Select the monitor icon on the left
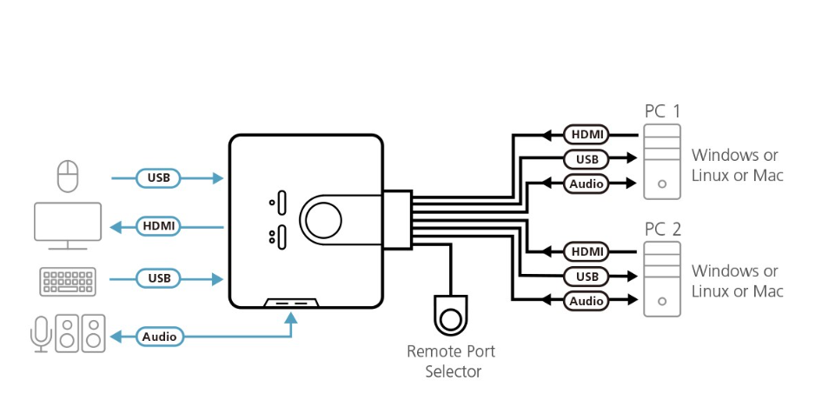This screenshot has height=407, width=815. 68,225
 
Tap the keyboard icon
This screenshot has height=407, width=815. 68,280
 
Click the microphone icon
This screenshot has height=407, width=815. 40,334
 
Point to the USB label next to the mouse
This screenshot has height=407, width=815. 159,178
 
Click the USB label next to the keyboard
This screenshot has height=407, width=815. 159,278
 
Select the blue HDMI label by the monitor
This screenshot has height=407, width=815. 159,226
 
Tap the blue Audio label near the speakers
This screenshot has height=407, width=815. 159,337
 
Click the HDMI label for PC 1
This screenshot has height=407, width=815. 587,135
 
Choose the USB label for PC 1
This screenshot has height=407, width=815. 587,159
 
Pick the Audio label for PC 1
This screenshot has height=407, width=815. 587,183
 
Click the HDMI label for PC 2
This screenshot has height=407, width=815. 587,252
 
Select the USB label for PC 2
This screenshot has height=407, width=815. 587,277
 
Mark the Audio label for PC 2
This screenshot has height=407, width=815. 587,301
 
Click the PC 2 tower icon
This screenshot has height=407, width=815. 662,278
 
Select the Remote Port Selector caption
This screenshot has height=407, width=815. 452,362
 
